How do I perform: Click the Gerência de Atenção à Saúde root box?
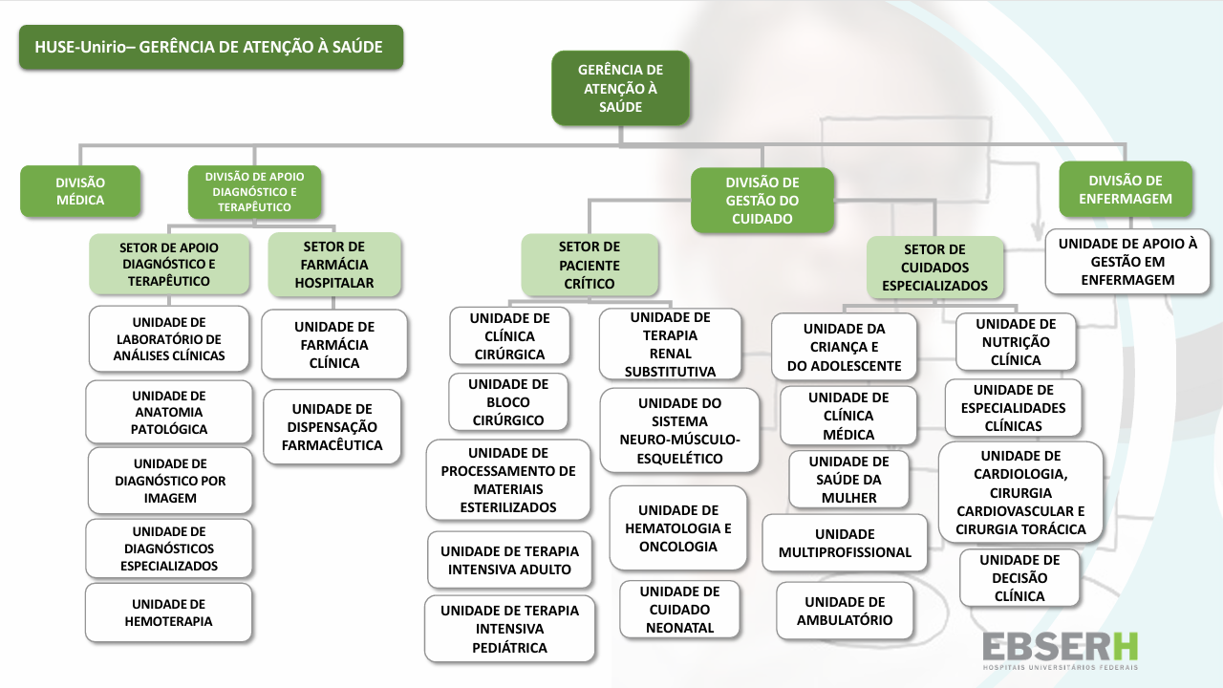tap(620, 88)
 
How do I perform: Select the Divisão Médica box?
tap(80, 191)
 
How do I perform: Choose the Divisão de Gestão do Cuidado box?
tap(762, 201)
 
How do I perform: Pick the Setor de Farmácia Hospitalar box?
tap(334, 265)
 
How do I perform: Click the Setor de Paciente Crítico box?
tap(590, 265)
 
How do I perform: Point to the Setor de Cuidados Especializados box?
tap(935, 268)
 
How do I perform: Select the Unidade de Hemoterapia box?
tap(169, 613)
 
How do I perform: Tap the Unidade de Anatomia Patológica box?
tap(169, 413)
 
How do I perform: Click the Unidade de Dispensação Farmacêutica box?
tap(332, 427)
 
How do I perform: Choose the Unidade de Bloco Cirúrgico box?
tap(508, 402)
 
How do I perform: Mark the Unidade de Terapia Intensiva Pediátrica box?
tap(509, 629)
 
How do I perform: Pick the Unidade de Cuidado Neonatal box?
tap(679, 610)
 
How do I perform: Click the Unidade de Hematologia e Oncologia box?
tap(678, 528)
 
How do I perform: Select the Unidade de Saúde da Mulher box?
tap(848, 480)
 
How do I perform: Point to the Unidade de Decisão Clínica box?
tap(1019, 578)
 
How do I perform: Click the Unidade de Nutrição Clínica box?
tap(1016, 342)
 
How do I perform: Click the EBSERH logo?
tap(1061, 651)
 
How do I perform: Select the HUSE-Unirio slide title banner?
tap(211, 47)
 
